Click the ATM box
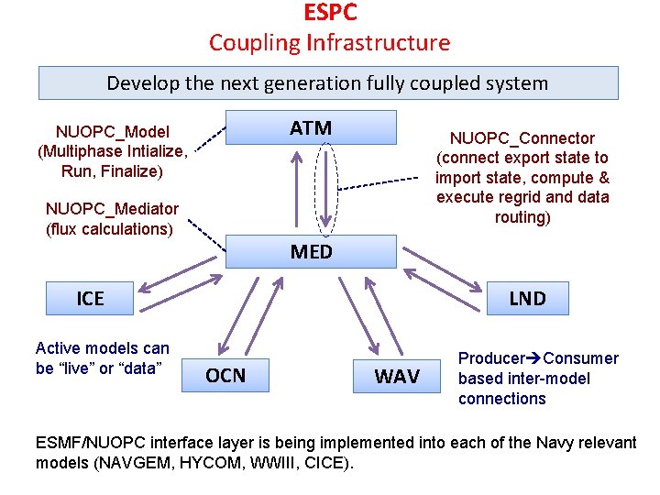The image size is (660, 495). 311,127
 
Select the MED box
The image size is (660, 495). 311,250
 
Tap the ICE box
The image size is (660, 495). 90,298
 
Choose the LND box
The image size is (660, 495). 527,298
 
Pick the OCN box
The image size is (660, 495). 225,375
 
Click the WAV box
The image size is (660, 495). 397,376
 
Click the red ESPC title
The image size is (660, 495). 330,14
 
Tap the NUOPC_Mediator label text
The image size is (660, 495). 112,209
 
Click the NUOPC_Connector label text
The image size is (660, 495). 522,138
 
